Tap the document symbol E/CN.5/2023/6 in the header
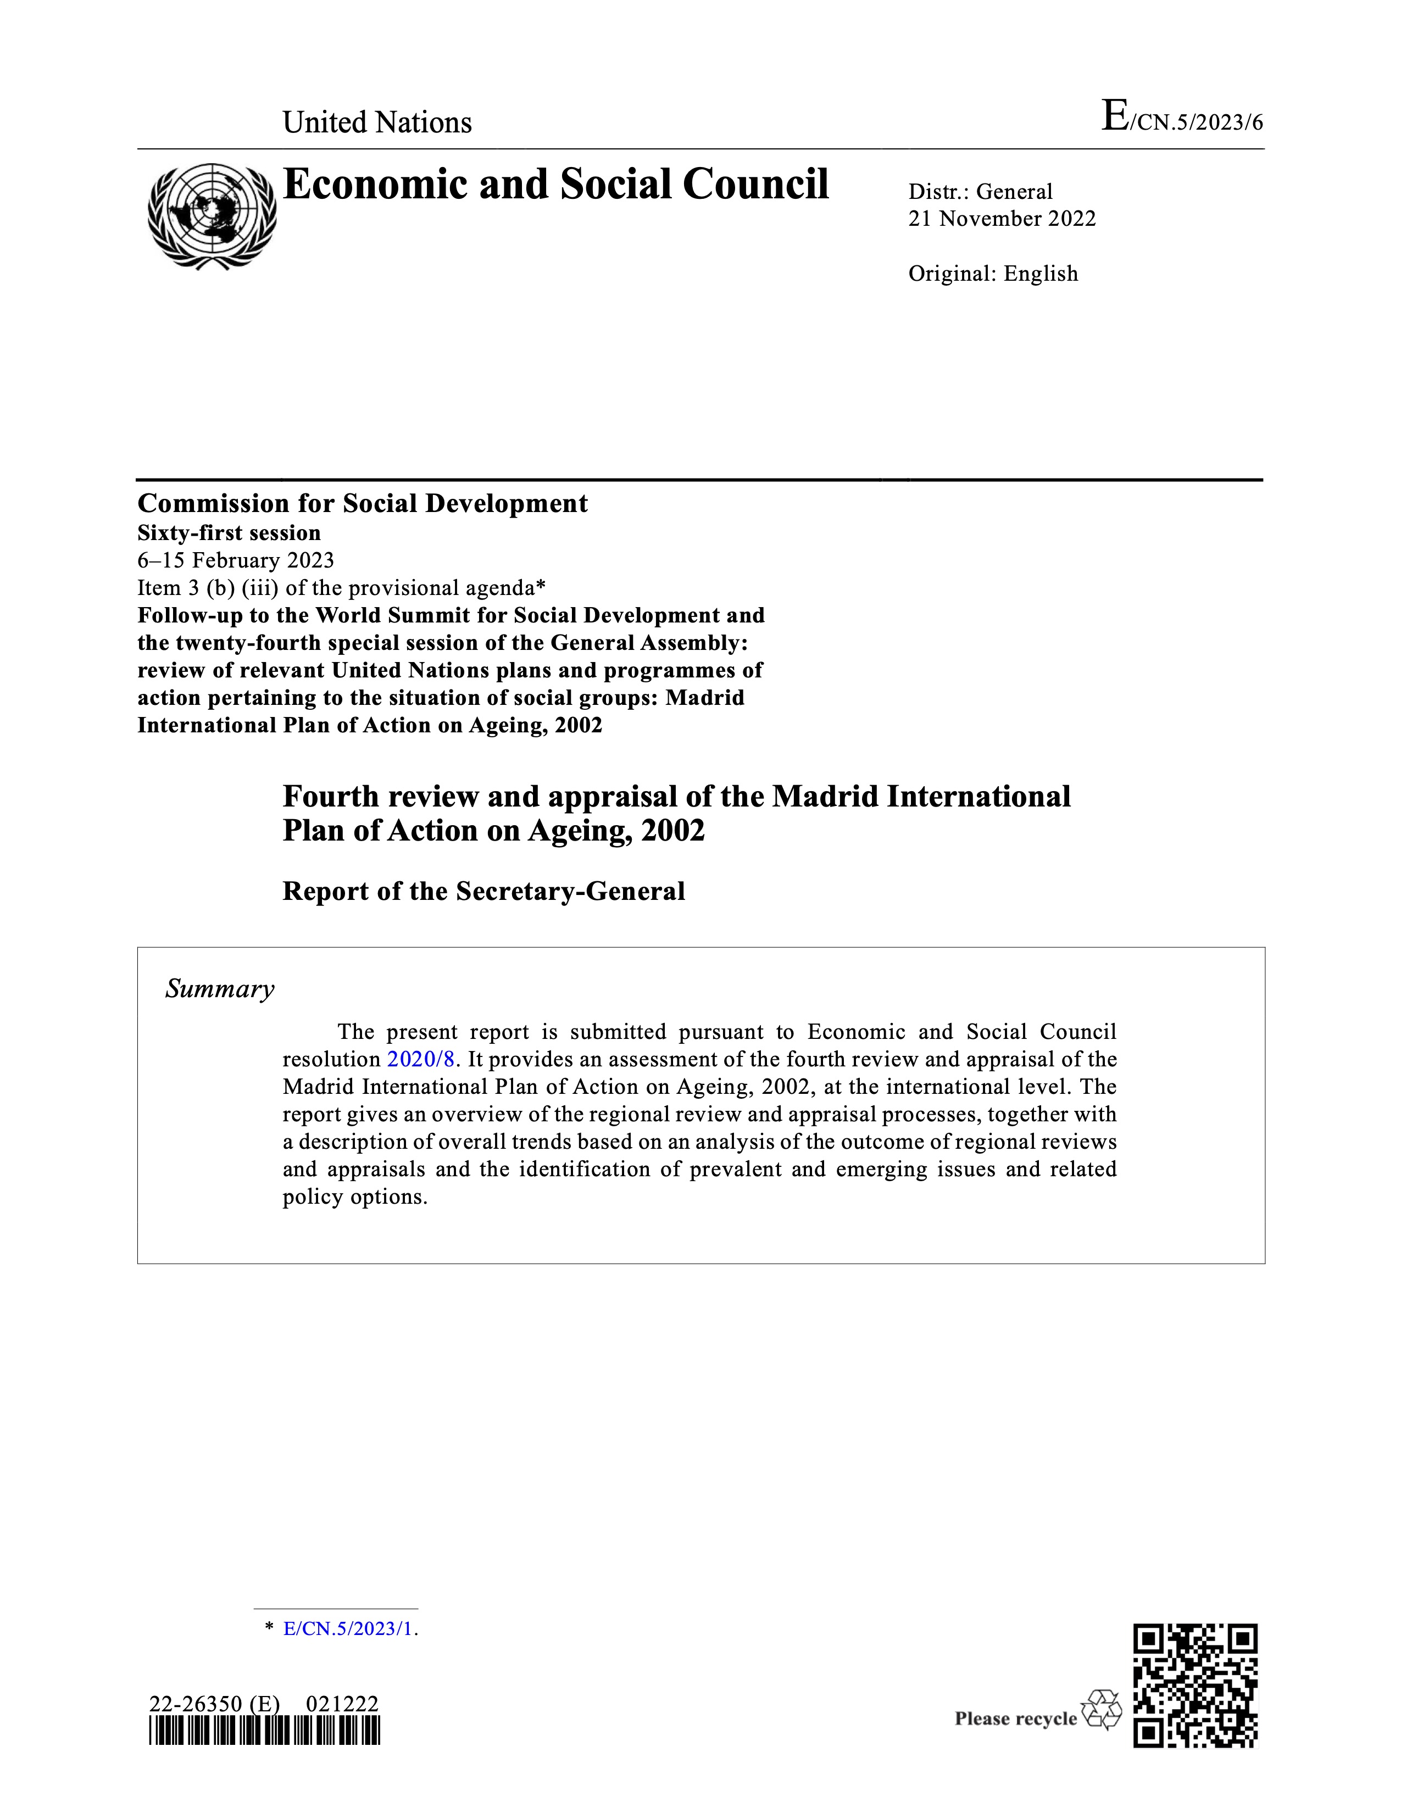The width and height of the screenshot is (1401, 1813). [x=1181, y=119]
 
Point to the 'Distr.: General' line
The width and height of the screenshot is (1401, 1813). [x=980, y=192]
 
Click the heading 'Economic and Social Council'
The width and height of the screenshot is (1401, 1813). [x=555, y=184]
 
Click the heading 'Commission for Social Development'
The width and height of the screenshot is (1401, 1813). [x=363, y=503]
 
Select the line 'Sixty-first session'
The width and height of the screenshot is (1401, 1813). [x=229, y=533]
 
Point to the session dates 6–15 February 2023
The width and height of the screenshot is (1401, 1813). [x=236, y=560]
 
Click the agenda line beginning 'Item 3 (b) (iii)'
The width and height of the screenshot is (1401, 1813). [x=341, y=588]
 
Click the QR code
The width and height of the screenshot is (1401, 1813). [x=1195, y=1686]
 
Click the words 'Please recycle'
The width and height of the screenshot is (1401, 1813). [x=1015, y=1719]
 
